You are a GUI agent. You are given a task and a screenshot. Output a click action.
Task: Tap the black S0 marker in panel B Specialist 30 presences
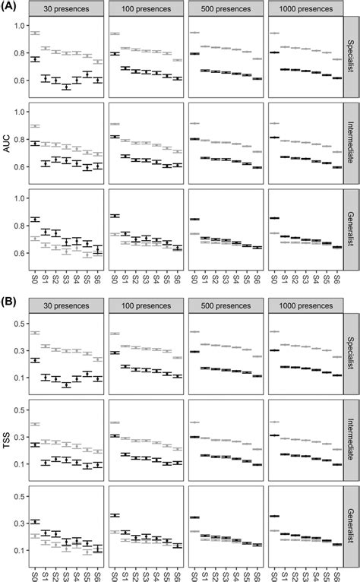coord(34,360)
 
